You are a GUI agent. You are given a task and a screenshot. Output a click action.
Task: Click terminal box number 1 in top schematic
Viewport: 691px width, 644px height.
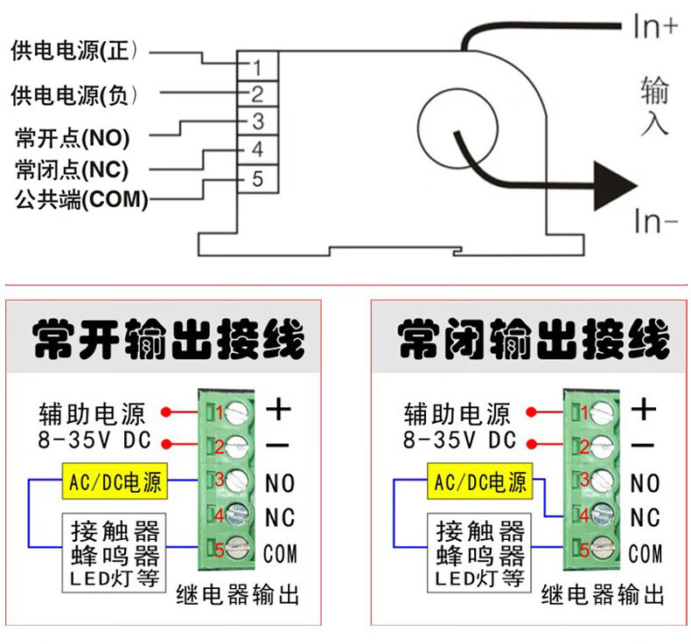258,66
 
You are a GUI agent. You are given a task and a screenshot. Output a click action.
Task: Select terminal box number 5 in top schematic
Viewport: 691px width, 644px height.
258,179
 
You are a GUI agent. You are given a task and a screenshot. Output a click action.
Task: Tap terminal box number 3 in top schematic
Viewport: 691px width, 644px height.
258,121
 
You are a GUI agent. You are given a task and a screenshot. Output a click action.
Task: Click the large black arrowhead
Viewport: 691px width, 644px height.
615,184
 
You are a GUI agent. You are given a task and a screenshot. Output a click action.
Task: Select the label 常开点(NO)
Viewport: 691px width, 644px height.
73,138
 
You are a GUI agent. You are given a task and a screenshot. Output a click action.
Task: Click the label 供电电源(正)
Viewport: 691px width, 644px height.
75,51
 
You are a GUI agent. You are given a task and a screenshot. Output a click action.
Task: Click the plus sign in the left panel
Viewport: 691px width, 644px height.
279,408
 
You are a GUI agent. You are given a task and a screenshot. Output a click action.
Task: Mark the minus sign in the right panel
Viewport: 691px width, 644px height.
643,445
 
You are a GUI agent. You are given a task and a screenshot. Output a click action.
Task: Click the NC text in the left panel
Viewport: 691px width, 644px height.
280,517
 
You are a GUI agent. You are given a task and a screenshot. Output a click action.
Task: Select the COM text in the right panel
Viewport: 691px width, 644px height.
646,553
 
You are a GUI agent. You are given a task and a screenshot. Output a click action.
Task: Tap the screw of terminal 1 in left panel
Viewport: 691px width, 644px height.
239,410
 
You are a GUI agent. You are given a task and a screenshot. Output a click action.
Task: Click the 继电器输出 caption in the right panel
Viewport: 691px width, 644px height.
603,596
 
